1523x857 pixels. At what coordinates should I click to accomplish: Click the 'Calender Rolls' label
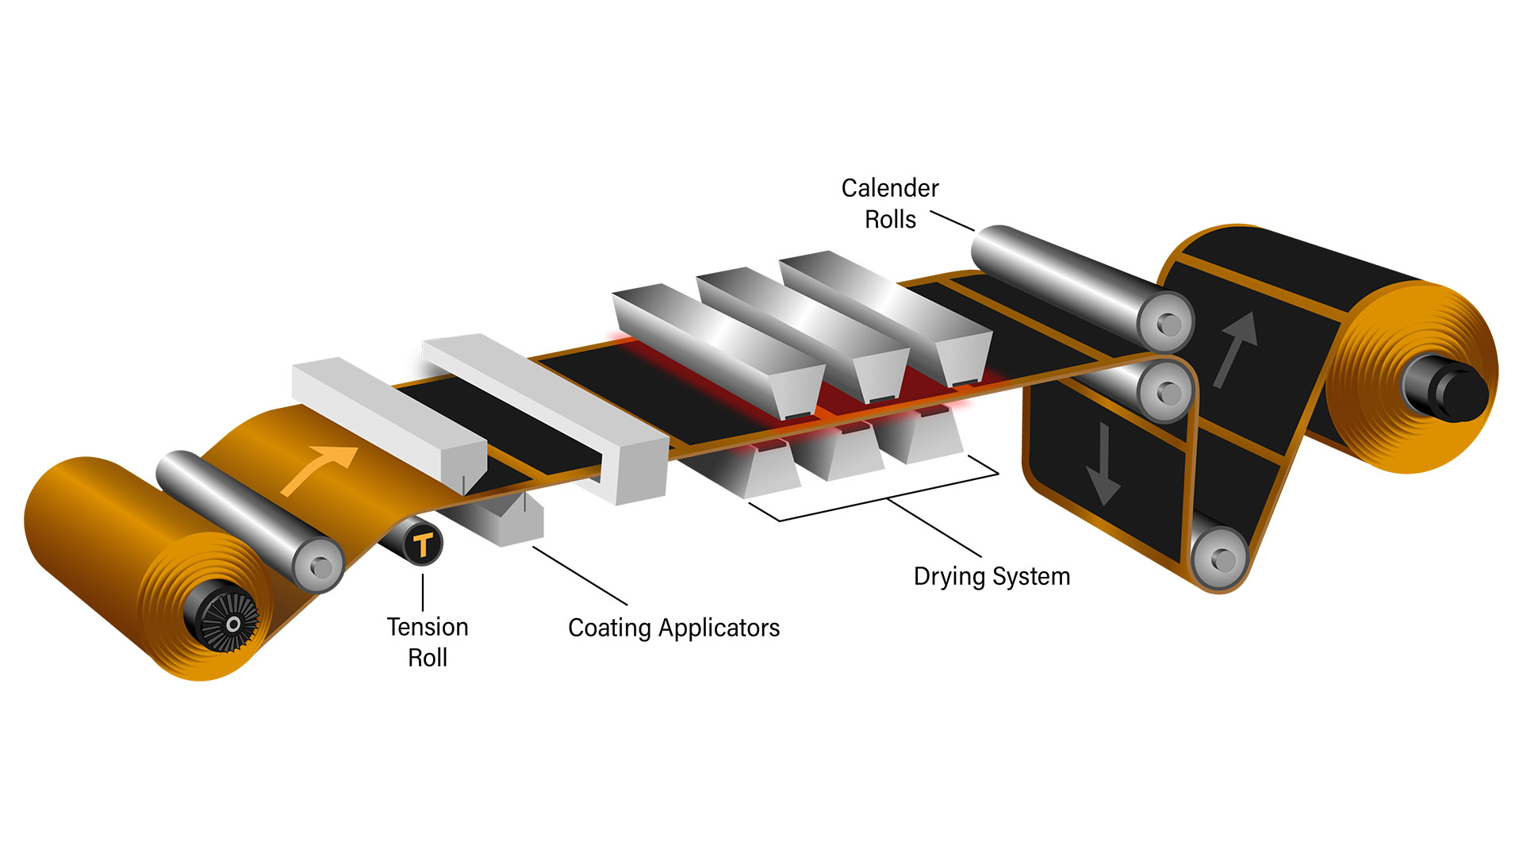coord(890,203)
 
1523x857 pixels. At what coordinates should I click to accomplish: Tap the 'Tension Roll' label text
coord(428,642)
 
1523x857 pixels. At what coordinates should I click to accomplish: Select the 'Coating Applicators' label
coord(673,628)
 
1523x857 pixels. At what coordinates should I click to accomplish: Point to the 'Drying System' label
coord(992,576)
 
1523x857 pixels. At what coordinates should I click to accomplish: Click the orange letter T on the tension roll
coord(423,544)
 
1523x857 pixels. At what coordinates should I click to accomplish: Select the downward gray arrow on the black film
coord(1103,465)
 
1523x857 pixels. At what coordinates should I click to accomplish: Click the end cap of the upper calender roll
coord(1166,323)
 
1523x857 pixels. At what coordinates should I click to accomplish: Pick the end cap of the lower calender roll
coord(1166,392)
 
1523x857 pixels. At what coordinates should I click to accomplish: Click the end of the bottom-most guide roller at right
coord(1220,560)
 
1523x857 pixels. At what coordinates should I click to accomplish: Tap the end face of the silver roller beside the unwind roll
coord(319,566)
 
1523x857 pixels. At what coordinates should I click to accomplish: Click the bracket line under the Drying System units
coord(888,498)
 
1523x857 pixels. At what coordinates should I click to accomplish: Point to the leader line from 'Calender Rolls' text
coord(952,221)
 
